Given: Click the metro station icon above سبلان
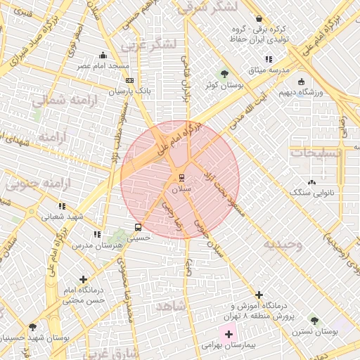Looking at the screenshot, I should pyautogui.click(x=181, y=176).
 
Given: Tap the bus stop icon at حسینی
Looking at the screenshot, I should pyautogui.click(x=137, y=227).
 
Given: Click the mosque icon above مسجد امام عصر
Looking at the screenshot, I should pyautogui.click(x=103, y=55).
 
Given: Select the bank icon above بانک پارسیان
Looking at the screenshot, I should pyautogui.click(x=129, y=81).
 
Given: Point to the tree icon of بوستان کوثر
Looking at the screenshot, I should pyautogui.click(x=224, y=73).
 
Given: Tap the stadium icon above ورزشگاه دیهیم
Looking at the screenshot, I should pyautogui.click(x=301, y=81).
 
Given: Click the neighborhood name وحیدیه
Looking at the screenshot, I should pyautogui.click(x=283, y=245).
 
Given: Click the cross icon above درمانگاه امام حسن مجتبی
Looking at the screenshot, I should pyautogui.click(x=84, y=279).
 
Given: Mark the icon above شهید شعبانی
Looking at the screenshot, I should pyautogui.click(x=62, y=206).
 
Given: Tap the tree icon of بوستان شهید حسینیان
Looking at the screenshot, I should pyautogui.click(x=32, y=327).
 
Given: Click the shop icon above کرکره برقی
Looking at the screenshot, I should pyautogui.click(x=259, y=19).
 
